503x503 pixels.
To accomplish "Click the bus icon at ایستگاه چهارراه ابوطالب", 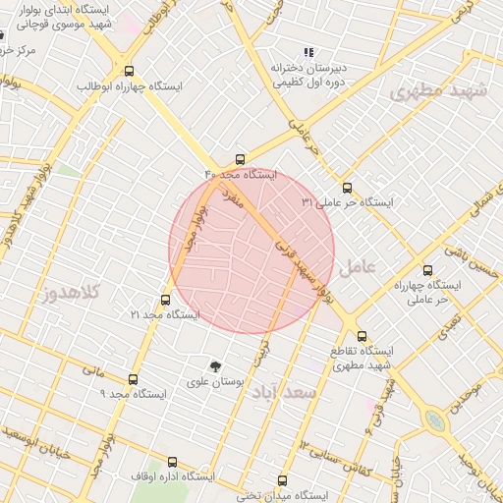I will (129, 71).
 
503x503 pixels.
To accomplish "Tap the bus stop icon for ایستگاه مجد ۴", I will (241, 159).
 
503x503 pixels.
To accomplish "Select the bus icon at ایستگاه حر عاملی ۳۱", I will (346, 188).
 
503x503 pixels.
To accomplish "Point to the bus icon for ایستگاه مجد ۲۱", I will (164, 301).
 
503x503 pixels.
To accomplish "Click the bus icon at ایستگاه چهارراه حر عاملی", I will (426, 270).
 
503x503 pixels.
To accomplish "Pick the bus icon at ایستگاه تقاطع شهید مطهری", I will (363, 336).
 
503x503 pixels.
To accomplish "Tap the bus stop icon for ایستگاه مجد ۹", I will (134, 379).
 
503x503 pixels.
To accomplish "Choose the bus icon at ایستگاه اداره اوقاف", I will (173, 462).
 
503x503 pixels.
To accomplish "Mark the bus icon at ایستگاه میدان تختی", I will (283, 481).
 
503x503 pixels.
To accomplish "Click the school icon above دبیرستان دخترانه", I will (308, 52).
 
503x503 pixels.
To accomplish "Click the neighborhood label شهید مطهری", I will (438, 92).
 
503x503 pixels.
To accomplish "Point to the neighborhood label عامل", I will (357, 266).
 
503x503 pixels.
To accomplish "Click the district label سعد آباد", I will (286, 392).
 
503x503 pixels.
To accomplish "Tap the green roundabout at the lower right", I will (433, 420).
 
